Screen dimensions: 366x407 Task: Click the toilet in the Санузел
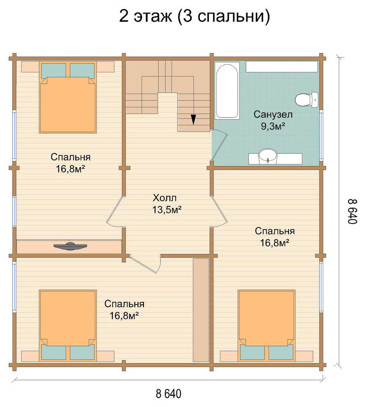pyautogui.click(x=307, y=99)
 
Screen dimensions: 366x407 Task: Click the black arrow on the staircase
pyautogui.click(x=193, y=120)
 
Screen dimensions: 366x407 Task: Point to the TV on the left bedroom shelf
pyautogui.click(x=70, y=246)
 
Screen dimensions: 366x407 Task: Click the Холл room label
pyautogui.click(x=164, y=198)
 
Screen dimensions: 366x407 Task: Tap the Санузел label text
pyautogui.click(x=273, y=114)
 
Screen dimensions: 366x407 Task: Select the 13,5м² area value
pyautogui.click(x=167, y=210)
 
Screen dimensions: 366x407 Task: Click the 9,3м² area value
pyautogui.click(x=273, y=126)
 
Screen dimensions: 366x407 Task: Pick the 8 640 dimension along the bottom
pyautogui.click(x=169, y=393)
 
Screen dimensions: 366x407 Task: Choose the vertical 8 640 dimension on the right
pyautogui.click(x=352, y=212)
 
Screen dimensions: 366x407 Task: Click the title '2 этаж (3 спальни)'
pyautogui.click(x=195, y=16)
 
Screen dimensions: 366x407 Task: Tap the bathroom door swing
pyautogui.click(x=220, y=146)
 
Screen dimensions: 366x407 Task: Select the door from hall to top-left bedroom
pyautogui.click(x=114, y=210)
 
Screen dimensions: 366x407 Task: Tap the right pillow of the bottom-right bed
pyautogui.click(x=280, y=352)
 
